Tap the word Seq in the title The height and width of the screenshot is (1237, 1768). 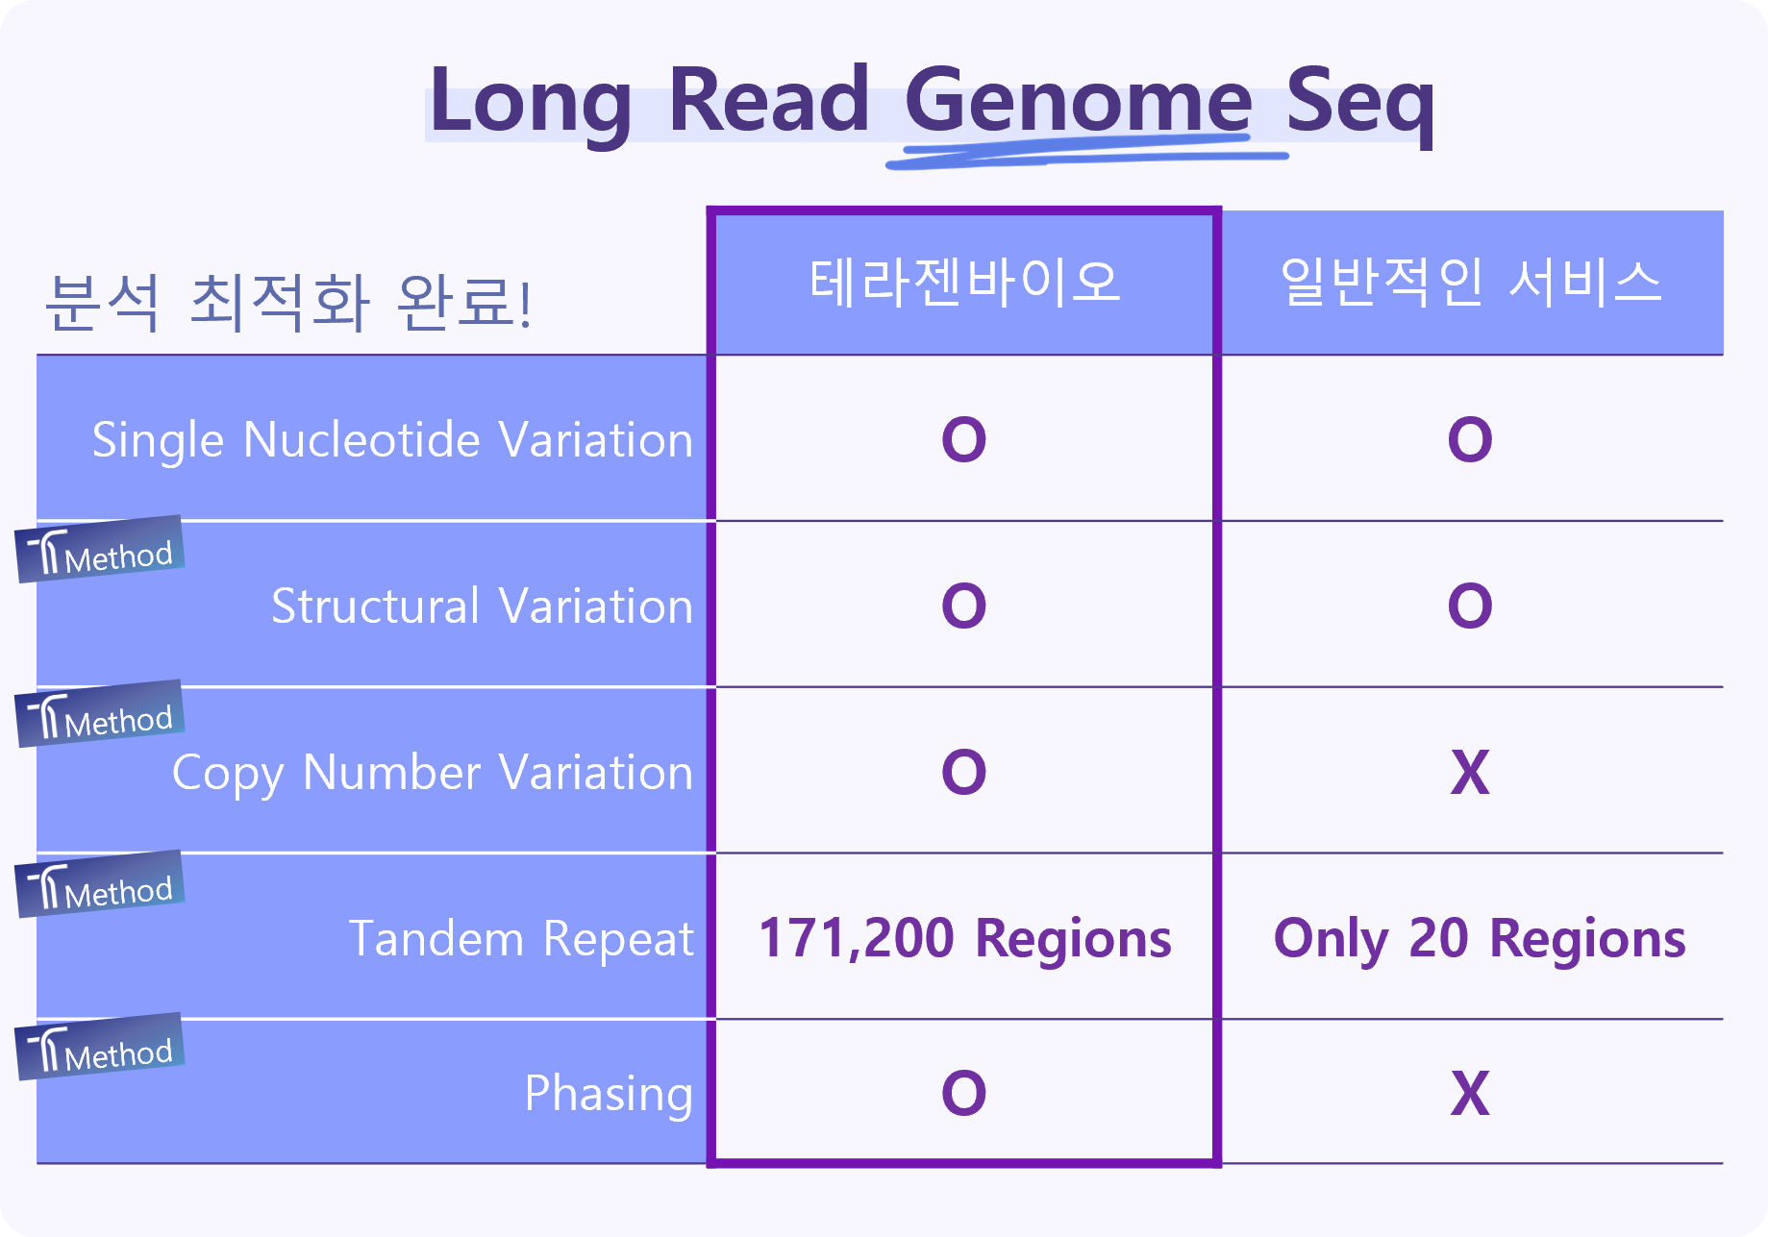[x=1359, y=104]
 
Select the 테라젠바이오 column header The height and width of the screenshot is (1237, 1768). [x=964, y=283]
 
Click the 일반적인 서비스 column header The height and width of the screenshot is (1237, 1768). [x=1471, y=283]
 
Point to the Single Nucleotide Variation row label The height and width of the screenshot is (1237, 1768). [x=392, y=441]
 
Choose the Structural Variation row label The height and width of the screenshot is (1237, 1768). [x=482, y=606]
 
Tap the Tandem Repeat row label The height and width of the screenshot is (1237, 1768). [x=521, y=939]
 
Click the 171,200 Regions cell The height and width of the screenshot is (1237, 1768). [x=964, y=938]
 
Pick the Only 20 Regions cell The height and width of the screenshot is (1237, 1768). [x=1480, y=939]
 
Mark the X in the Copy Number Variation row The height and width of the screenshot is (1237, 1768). [x=1470, y=773]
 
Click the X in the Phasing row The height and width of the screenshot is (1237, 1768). [x=1470, y=1093]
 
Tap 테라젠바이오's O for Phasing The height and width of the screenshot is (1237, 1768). [x=964, y=1093]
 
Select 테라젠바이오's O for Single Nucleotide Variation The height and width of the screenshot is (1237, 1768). [x=964, y=440]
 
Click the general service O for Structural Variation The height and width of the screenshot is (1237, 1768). [x=1470, y=606]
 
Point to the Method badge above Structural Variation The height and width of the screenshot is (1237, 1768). [x=100, y=549]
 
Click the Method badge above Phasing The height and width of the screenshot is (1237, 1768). [x=100, y=1047]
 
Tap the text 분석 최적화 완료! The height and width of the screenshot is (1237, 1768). [x=288, y=302]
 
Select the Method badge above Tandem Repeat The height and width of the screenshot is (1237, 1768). [x=100, y=884]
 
